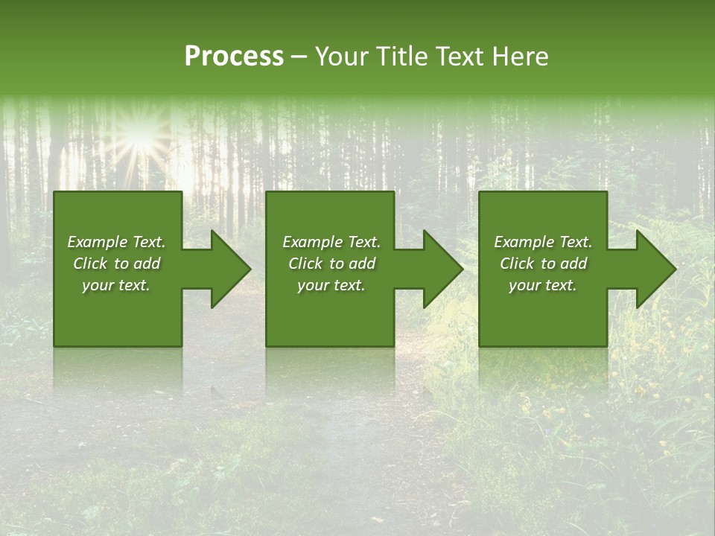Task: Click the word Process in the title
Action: [x=234, y=57]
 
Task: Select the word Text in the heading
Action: [x=458, y=57]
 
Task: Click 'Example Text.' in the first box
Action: [x=116, y=242]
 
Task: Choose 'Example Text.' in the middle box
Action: [x=331, y=242]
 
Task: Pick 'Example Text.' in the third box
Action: [x=543, y=242]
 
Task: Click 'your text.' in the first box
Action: [x=116, y=285]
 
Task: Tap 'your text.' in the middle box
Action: [x=331, y=285]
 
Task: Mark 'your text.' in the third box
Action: [x=543, y=285]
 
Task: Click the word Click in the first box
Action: [x=89, y=264]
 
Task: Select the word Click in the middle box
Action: [x=305, y=264]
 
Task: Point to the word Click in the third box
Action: [x=516, y=264]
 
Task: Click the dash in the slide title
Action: [x=299, y=57]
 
